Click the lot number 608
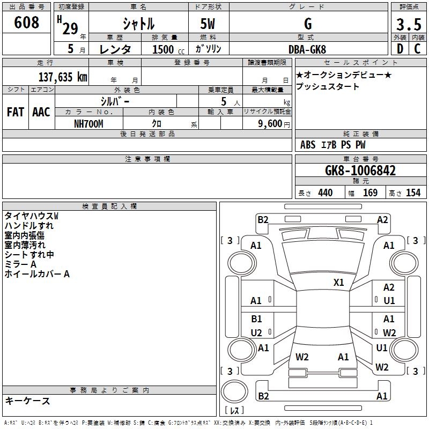click(x=27, y=23)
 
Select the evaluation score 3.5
click(x=409, y=25)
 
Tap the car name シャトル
click(x=138, y=24)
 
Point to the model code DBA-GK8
click(x=307, y=49)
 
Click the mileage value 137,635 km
click(x=63, y=77)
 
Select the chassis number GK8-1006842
click(x=360, y=171)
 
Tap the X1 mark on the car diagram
click(x=339, y=282)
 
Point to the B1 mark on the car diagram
click(x=256, y=319)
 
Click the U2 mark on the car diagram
click(x=256, y=333)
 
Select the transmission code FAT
click(x=15, y=112)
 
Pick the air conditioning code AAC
click(x=41, y=112)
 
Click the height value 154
click(x=413, y=193)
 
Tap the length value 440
click(x=325, y=193)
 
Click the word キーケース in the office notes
click(x=27, y=401)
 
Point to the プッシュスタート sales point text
click(x=327, y=86)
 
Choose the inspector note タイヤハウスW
click(x=31, y=216)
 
